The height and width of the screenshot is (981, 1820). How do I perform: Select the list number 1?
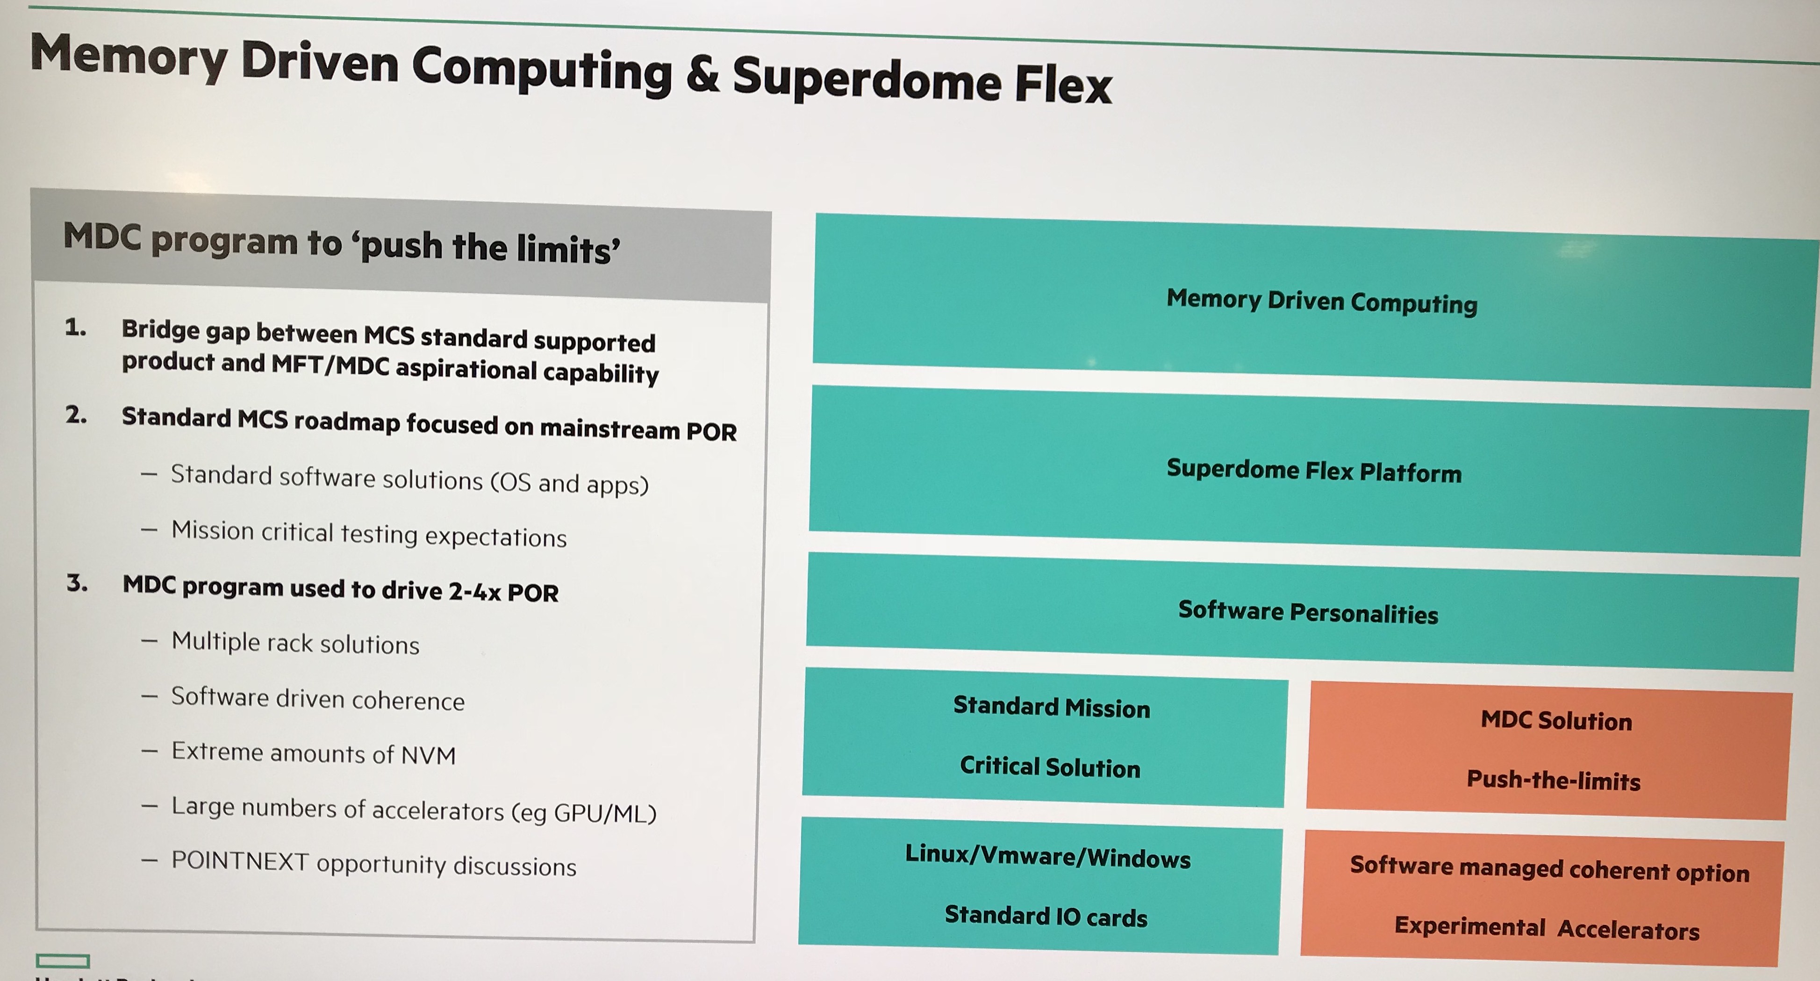[75, 327]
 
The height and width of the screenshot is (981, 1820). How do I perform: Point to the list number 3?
[77, 583]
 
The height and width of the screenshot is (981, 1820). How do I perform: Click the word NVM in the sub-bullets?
[428, 755]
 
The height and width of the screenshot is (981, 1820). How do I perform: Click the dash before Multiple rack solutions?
[149, 641]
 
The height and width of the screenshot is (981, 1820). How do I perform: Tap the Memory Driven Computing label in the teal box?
[1322, 301]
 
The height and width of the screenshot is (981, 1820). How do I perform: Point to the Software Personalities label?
[1308, 612]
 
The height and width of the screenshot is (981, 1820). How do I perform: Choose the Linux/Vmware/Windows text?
[1048, 857]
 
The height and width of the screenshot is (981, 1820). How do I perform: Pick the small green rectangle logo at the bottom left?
[63, 960]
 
